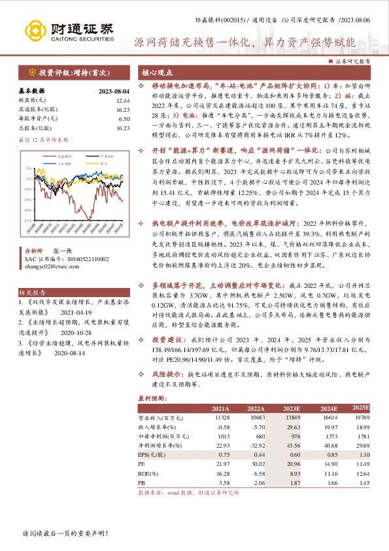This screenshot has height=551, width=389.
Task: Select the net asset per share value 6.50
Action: click(x=124, y=119)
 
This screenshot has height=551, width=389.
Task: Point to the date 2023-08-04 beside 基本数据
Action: click(x=113, y=92)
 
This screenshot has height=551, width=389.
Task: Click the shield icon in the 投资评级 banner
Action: click(x=31, y=73)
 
